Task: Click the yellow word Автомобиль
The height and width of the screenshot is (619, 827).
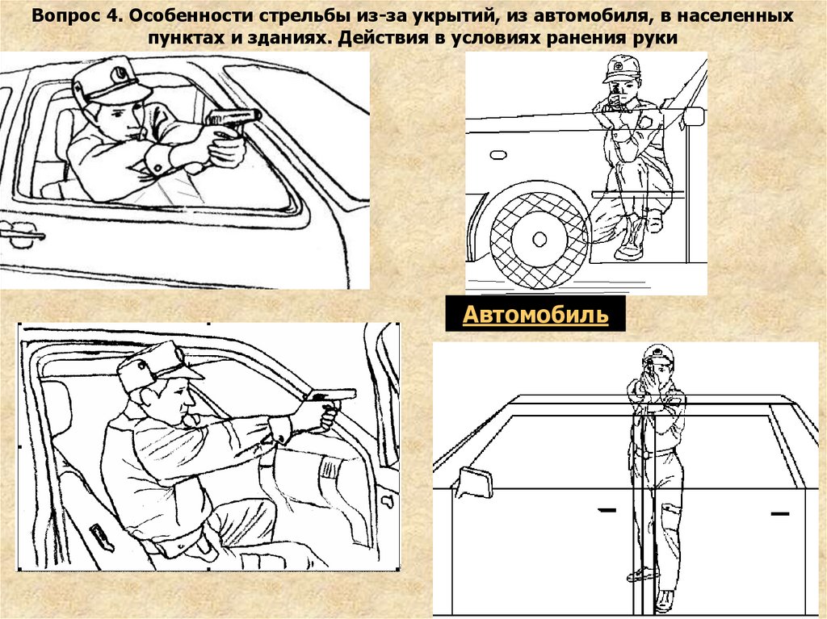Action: tap(535, 315)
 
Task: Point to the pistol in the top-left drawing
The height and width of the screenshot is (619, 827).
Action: tap(232, 119)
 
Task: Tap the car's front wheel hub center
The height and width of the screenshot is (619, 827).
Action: tap(539, 240)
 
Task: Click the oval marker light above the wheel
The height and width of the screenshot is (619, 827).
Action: tap(496, 155)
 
